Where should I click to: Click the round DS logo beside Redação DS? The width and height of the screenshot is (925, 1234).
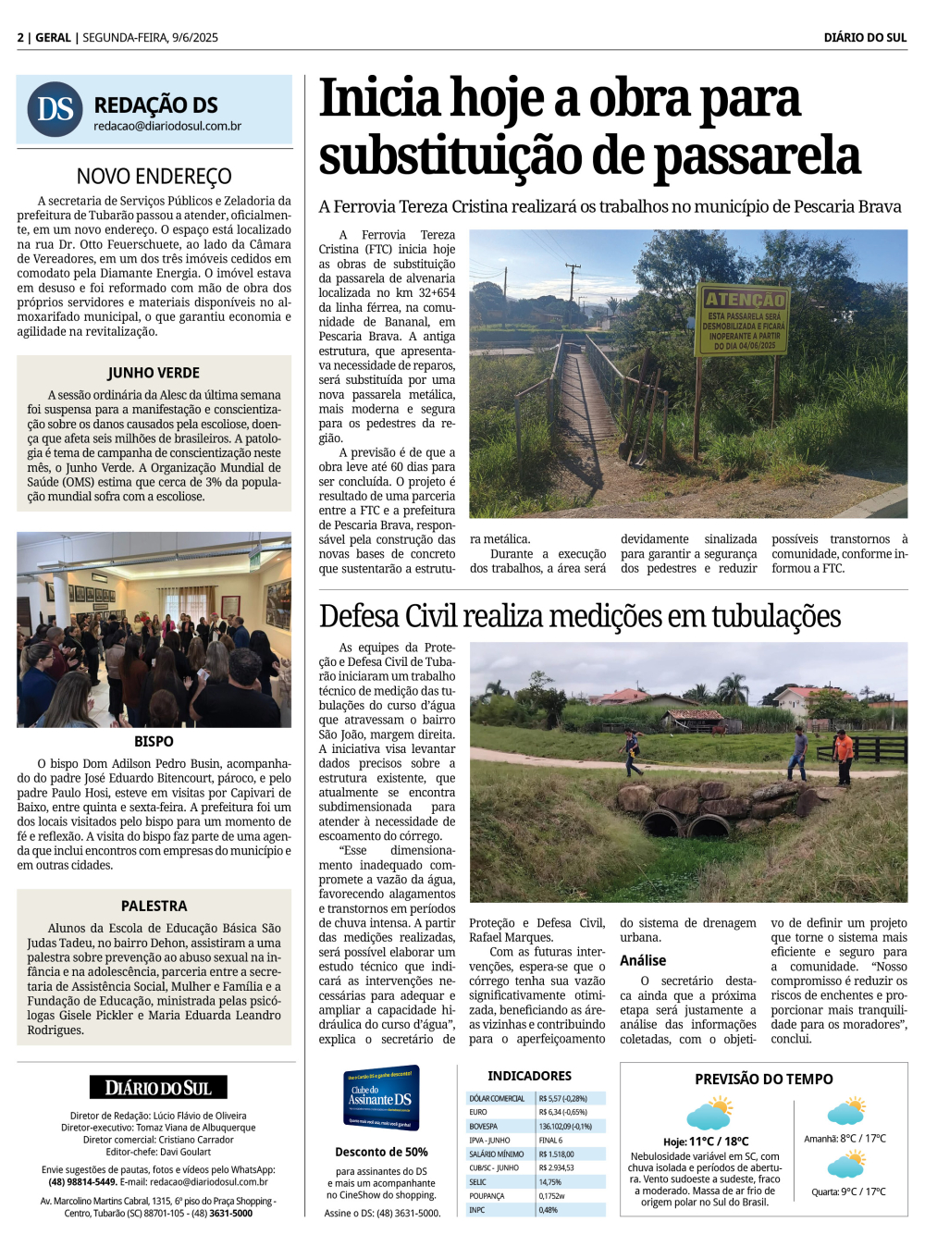coord(55,109)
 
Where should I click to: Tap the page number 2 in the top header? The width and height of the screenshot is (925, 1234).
coord(20,38)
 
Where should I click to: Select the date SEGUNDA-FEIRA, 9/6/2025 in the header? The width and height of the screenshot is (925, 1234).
coord(150,38)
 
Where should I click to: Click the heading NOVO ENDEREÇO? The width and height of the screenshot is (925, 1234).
coord(154,176)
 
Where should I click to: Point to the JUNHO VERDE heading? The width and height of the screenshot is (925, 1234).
coord(154,373)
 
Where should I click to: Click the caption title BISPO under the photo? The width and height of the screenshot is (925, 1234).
coord(154,742)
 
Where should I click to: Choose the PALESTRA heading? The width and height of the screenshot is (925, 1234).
coord(154,906)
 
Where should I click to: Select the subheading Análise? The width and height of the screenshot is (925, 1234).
coord(643,960)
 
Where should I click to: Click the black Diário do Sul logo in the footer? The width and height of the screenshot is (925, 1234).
coord(158,1088)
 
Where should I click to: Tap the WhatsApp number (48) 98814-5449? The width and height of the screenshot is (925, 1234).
coord(82,1181)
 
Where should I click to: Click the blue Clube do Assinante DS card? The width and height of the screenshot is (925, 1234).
coord(381,1097)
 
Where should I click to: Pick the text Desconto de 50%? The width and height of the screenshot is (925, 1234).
coord(381,1152)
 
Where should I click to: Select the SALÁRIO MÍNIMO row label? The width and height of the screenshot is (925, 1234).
coord(496,1154)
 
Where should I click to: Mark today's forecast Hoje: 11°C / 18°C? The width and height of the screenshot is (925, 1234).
coord(706,1141)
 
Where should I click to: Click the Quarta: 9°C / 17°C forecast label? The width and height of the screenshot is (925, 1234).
coord(848,1191)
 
